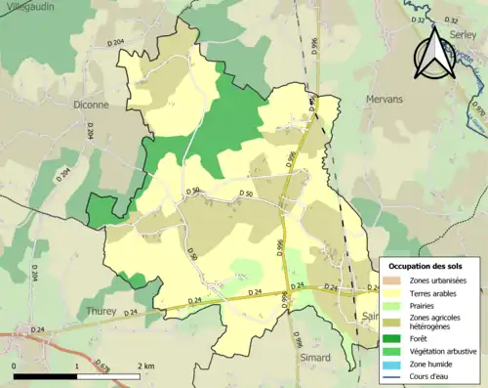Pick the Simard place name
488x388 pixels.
[x=316, y=359]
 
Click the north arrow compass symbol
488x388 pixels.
[x=436, y=55]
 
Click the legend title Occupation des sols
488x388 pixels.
[x=427, y=266]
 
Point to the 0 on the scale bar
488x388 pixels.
[x=15, y=366]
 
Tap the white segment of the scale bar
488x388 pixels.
[x=107, y=376]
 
